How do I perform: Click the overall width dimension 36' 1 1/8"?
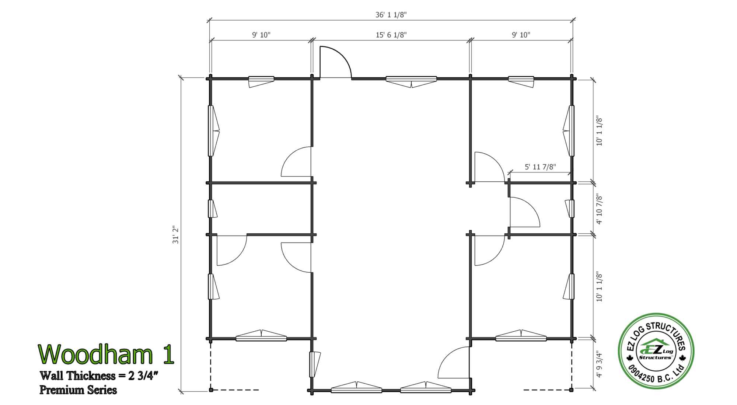pos(391,14)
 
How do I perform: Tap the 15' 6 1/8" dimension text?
pos(391,35)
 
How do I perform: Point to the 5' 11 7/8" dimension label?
pos(540,167)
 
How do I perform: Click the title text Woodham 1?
pos(106,354)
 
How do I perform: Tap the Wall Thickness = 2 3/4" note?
pos(99,376)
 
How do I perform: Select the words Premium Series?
pos(78,390)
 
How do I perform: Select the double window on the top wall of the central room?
pos(411,81)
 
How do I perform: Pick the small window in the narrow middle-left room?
pos(212,209)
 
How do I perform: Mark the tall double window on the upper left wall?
pos(214,131)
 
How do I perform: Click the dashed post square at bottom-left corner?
pos(211,390)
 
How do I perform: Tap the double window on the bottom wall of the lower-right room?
pos(521,335)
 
